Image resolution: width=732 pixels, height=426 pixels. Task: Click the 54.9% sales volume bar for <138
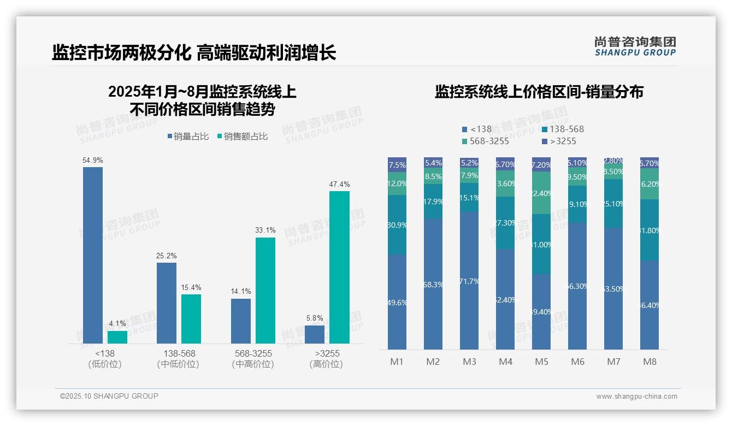click(x=93, y=255)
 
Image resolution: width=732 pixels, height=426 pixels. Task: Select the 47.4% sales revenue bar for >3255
click(x=339, y=267)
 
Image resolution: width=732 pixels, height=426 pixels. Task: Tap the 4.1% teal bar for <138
click(x=117, y=337)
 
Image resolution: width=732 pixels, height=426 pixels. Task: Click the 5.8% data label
click(x=315, y=318)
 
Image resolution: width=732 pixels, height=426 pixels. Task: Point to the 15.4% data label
click(x=191, y=287)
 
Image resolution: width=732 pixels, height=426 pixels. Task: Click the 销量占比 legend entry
click(x=188, y=137)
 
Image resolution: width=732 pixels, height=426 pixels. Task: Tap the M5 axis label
click(x=541, y=362)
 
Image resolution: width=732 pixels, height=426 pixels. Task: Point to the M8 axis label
click(x=650, y=362)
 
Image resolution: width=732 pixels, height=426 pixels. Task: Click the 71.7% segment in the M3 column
click(x=469, y=281)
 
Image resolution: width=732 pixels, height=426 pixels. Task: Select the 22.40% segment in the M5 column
click(x=541, y=193)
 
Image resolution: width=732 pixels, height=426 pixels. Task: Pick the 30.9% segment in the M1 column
click(x=397, y=224)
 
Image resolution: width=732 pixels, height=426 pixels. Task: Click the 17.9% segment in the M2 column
click(x=433, y=201)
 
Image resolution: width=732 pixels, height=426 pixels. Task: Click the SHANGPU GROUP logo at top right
click(x=635, y=46)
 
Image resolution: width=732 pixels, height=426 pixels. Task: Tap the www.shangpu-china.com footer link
click(x=636, y=397)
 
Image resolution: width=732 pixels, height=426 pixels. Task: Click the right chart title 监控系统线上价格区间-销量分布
click(x=539, y=92)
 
